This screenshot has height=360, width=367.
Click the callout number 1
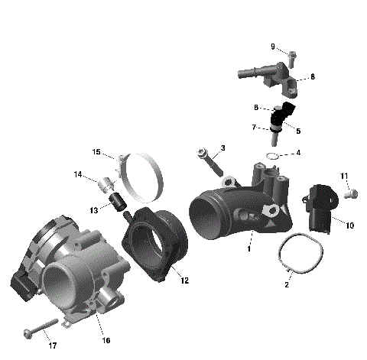248,248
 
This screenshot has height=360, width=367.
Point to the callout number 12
184,280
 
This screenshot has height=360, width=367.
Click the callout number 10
349,225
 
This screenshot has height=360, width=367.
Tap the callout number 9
272,47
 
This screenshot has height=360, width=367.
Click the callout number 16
106,339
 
